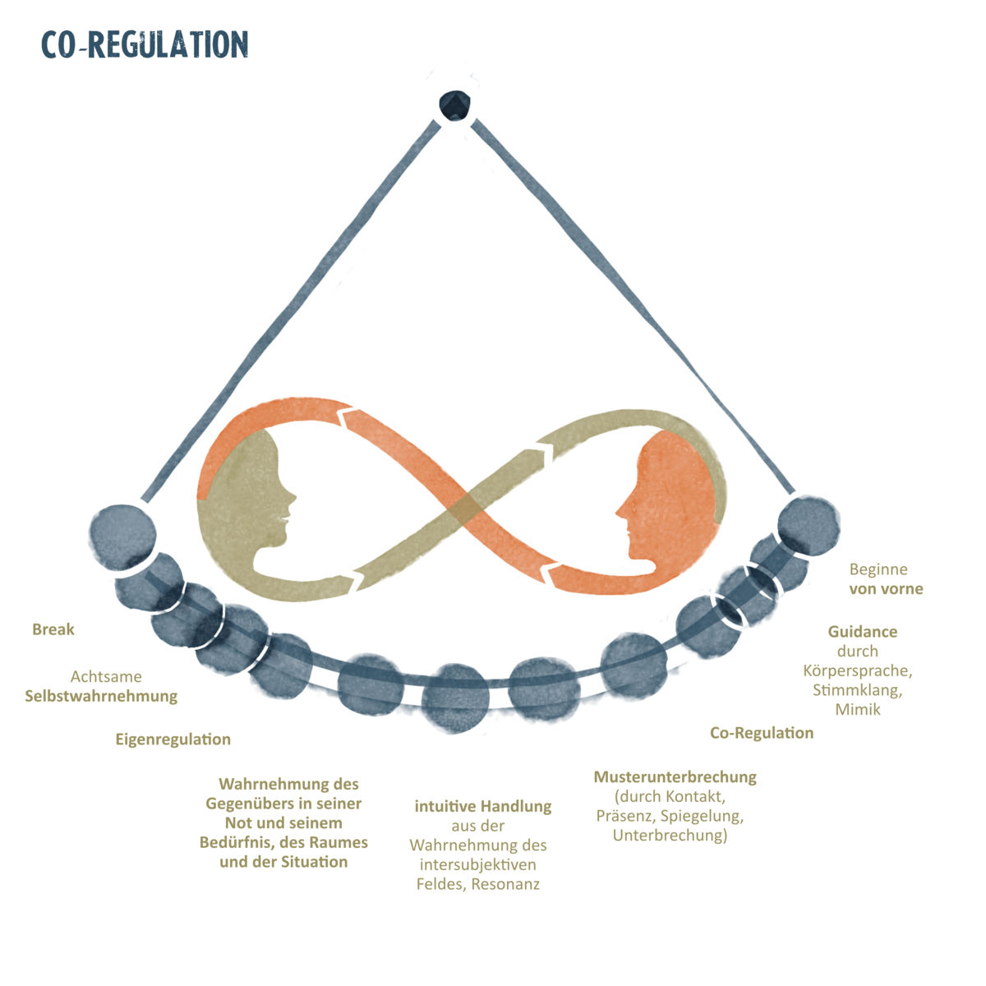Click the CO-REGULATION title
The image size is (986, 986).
145,44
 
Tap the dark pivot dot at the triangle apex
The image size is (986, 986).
454,104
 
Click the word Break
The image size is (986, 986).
53,630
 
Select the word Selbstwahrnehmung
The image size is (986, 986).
101,696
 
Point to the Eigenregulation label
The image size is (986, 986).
173,739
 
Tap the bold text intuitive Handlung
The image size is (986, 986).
482,806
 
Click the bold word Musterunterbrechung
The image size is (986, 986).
675,776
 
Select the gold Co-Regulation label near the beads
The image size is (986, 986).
762,733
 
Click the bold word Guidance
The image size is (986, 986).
862,632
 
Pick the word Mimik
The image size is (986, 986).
857,709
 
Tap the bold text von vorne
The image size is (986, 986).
886,589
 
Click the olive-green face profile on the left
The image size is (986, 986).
246,501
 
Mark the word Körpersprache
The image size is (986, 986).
857,670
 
